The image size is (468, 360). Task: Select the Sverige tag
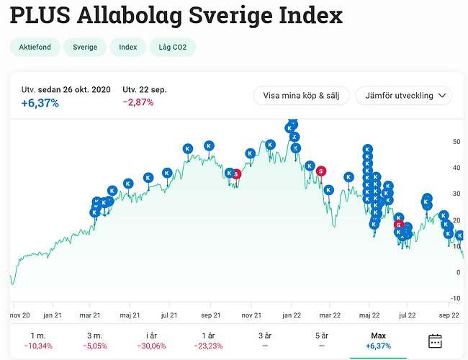click(84, 48)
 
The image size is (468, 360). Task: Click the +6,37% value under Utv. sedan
click(40, 103)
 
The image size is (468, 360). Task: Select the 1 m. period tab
click(37, 341)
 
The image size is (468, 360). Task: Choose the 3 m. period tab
click(94, 341)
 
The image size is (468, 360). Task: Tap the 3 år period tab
click(265, 341)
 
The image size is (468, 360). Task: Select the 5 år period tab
click(321, 341)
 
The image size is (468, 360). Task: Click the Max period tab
click(378, 341)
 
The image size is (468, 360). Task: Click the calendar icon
click(435, 341)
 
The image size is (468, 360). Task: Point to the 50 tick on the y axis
click(456, 142)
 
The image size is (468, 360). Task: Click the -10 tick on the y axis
click(454, 298)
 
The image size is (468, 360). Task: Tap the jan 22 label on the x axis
click(291, 315)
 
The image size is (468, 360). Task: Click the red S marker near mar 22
click(321, 171)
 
